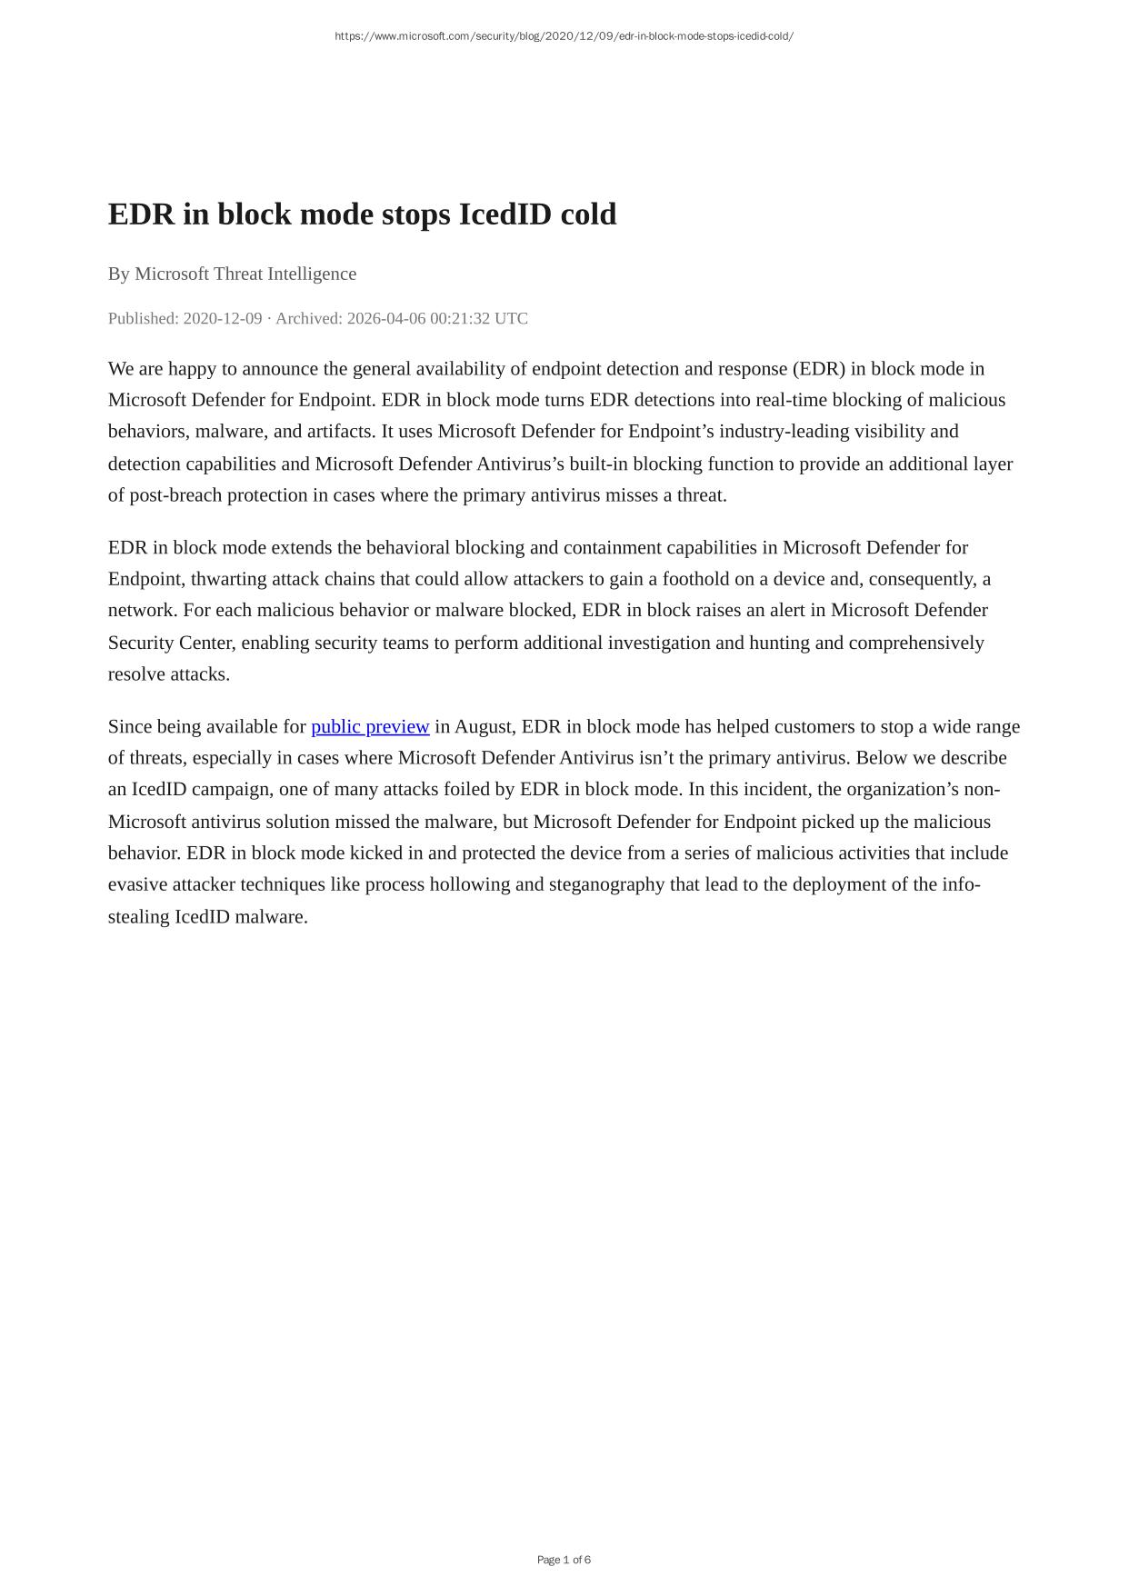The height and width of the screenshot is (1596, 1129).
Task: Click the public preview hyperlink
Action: (370, 726)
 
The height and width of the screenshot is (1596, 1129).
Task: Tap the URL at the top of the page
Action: (564, 36)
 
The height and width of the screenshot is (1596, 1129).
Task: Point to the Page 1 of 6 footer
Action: (564, 1560)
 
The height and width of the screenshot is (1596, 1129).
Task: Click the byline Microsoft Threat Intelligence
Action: (245, 274)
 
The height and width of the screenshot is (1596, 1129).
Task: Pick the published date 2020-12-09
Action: (223, 318)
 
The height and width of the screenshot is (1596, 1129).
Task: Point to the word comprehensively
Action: (916, 643)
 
